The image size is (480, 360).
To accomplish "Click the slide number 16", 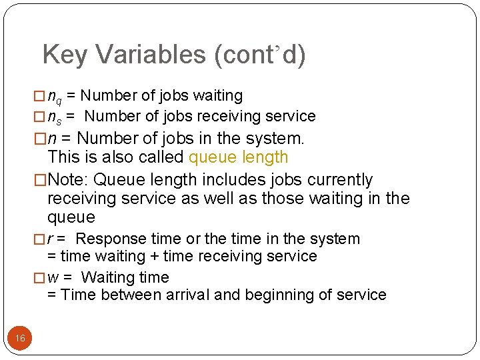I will [20, 339].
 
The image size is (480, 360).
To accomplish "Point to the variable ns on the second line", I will [55, 117].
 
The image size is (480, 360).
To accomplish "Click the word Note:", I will [70, 180].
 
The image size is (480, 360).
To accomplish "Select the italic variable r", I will [51, 239].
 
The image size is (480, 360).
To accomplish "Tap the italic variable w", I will [53, 277].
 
